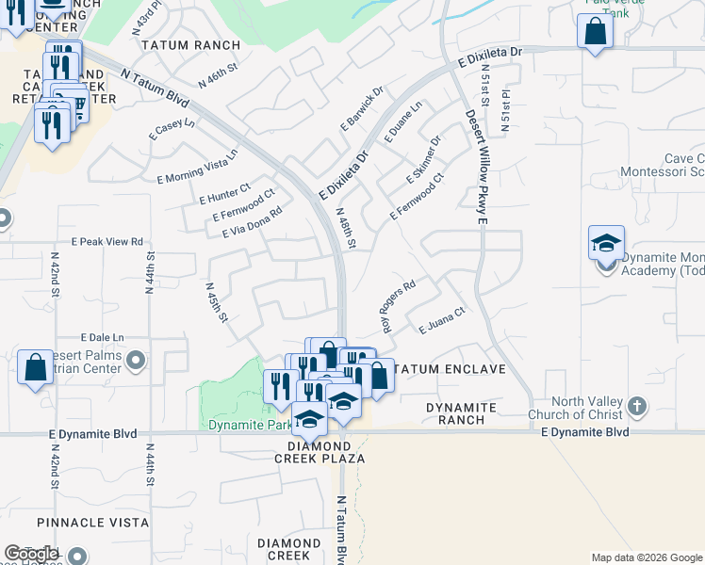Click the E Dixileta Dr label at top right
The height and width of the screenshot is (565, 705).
click(x=490, y=57)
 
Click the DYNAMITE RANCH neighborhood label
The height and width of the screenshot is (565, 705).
click(x=461, y=407)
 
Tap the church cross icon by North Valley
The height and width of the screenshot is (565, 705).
click(x=637, y=407)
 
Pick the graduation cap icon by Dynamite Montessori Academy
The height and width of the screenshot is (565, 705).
click(x=606, y=243)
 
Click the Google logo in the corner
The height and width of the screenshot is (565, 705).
click(x=31, y=554)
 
